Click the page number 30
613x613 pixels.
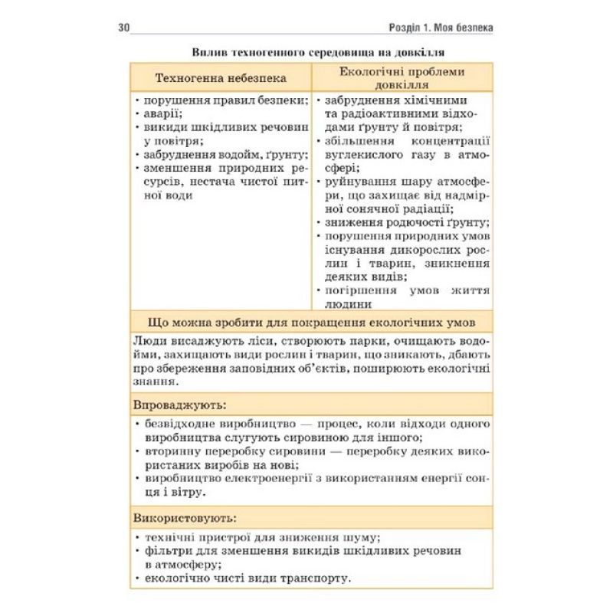click(125, 28)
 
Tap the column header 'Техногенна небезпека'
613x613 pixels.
click(221, 78)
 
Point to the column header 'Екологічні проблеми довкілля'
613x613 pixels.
click(403, 78)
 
